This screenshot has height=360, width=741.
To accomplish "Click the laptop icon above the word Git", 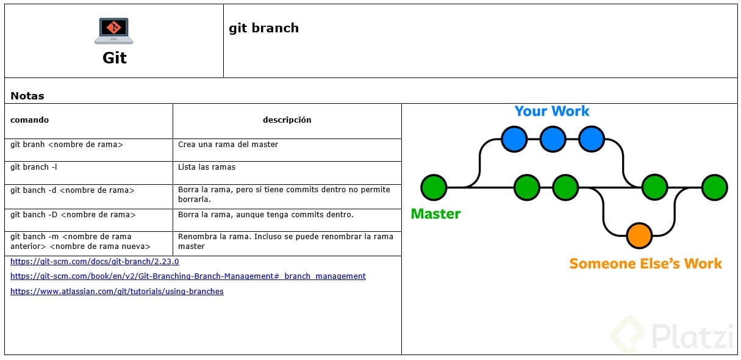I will pyautogui.click(x=114, y=31).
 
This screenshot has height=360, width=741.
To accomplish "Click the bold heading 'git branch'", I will pyautogui.click(x=263, y=28).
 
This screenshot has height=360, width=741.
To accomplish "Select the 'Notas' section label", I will pyautogui.click(x=27, y=96).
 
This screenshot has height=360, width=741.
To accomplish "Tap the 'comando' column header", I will pyautogui.click(x=29, y=120).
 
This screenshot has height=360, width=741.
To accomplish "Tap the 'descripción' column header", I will pyautogui.click(x=287, y=120).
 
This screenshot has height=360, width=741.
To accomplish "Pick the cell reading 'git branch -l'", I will pyautogui.click(x=34, y=167).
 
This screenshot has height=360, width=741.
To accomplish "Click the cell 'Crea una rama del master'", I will pyautogui.click(x=228, y=145).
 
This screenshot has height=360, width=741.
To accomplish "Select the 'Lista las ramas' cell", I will pyautogui.click(x=207, y=167).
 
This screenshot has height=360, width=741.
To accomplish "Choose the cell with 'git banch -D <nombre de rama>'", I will pyautogui.click(x=73, y=215).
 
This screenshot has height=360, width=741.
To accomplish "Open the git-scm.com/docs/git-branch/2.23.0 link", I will pyautogui.click(x=95, y=261).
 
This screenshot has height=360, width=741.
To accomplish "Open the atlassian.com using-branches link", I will pyautogui.click(x=117, y=292).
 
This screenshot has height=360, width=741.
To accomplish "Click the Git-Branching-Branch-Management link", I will pyautogui.click(x=188, y=276).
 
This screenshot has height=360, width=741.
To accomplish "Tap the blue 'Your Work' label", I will pyautogui.click(x=552, y=111).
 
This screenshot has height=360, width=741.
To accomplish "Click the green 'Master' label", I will pyautogui.click(x=435, y=214).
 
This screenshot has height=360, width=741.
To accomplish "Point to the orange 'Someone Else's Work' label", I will pyautogui.click(x=645, y=264).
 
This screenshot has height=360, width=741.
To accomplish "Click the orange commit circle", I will pyautogui.click(x=639, y=236).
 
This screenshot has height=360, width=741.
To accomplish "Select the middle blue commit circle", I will pyautogui.click(x=553, y=139).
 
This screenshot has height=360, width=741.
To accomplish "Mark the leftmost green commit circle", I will pyautogui.click(x=434, y=187).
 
